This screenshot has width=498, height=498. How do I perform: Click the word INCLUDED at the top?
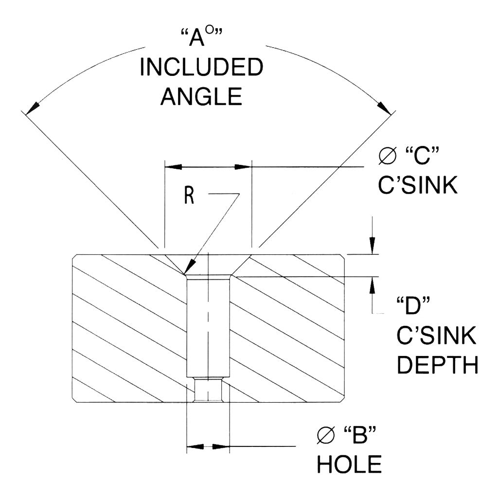pos(200,68)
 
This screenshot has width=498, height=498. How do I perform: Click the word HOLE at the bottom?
pos(349,465)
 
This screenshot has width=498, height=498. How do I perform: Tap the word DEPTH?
pos(438,365)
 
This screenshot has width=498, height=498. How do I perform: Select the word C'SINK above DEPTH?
pos(437,336)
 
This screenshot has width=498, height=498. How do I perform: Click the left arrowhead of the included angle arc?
pos(33,107)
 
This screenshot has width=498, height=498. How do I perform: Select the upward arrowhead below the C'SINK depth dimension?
pos(373,285)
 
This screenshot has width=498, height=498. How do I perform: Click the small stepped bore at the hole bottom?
pos(208,390)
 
